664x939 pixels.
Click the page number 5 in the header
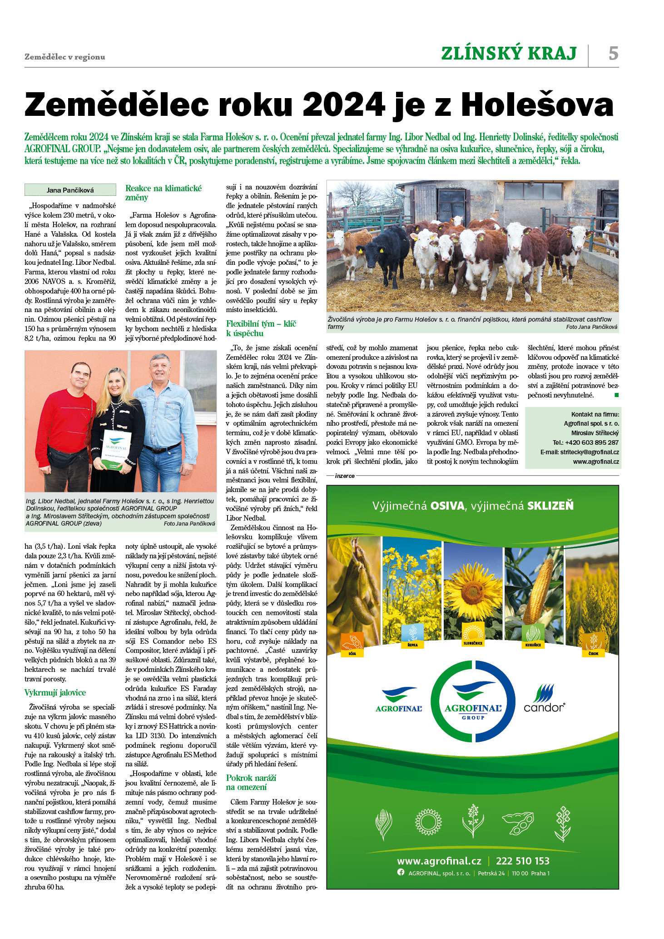pos(613,54)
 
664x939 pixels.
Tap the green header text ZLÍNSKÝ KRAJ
pos(509,54)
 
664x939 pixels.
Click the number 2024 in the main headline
pos(343,105)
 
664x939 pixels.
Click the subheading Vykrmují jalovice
pos(55,693)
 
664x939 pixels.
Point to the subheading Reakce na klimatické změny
pos(164,193)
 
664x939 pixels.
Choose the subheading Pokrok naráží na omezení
pos(251,782)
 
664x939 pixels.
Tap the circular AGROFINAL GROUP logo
pos(473,702)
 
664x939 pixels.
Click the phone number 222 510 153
pos(522,861)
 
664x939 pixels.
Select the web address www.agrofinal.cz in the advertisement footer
pos(439,861)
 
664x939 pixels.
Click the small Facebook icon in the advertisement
pos(401,872)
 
